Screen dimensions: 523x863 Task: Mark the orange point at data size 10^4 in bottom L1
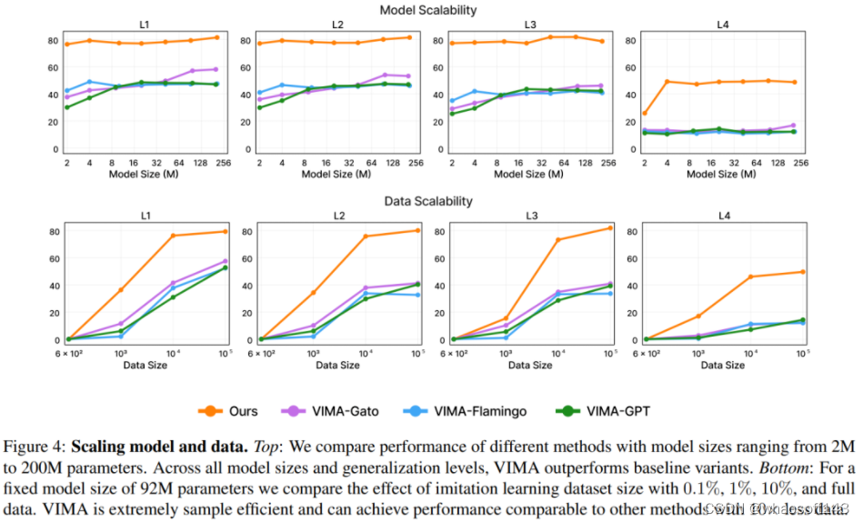pos(173,236)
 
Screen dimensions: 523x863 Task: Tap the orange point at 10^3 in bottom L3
pos(506,318)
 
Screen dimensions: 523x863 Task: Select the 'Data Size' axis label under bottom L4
pos(725,365)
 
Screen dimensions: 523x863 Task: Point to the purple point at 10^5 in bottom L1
pos(225,261)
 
